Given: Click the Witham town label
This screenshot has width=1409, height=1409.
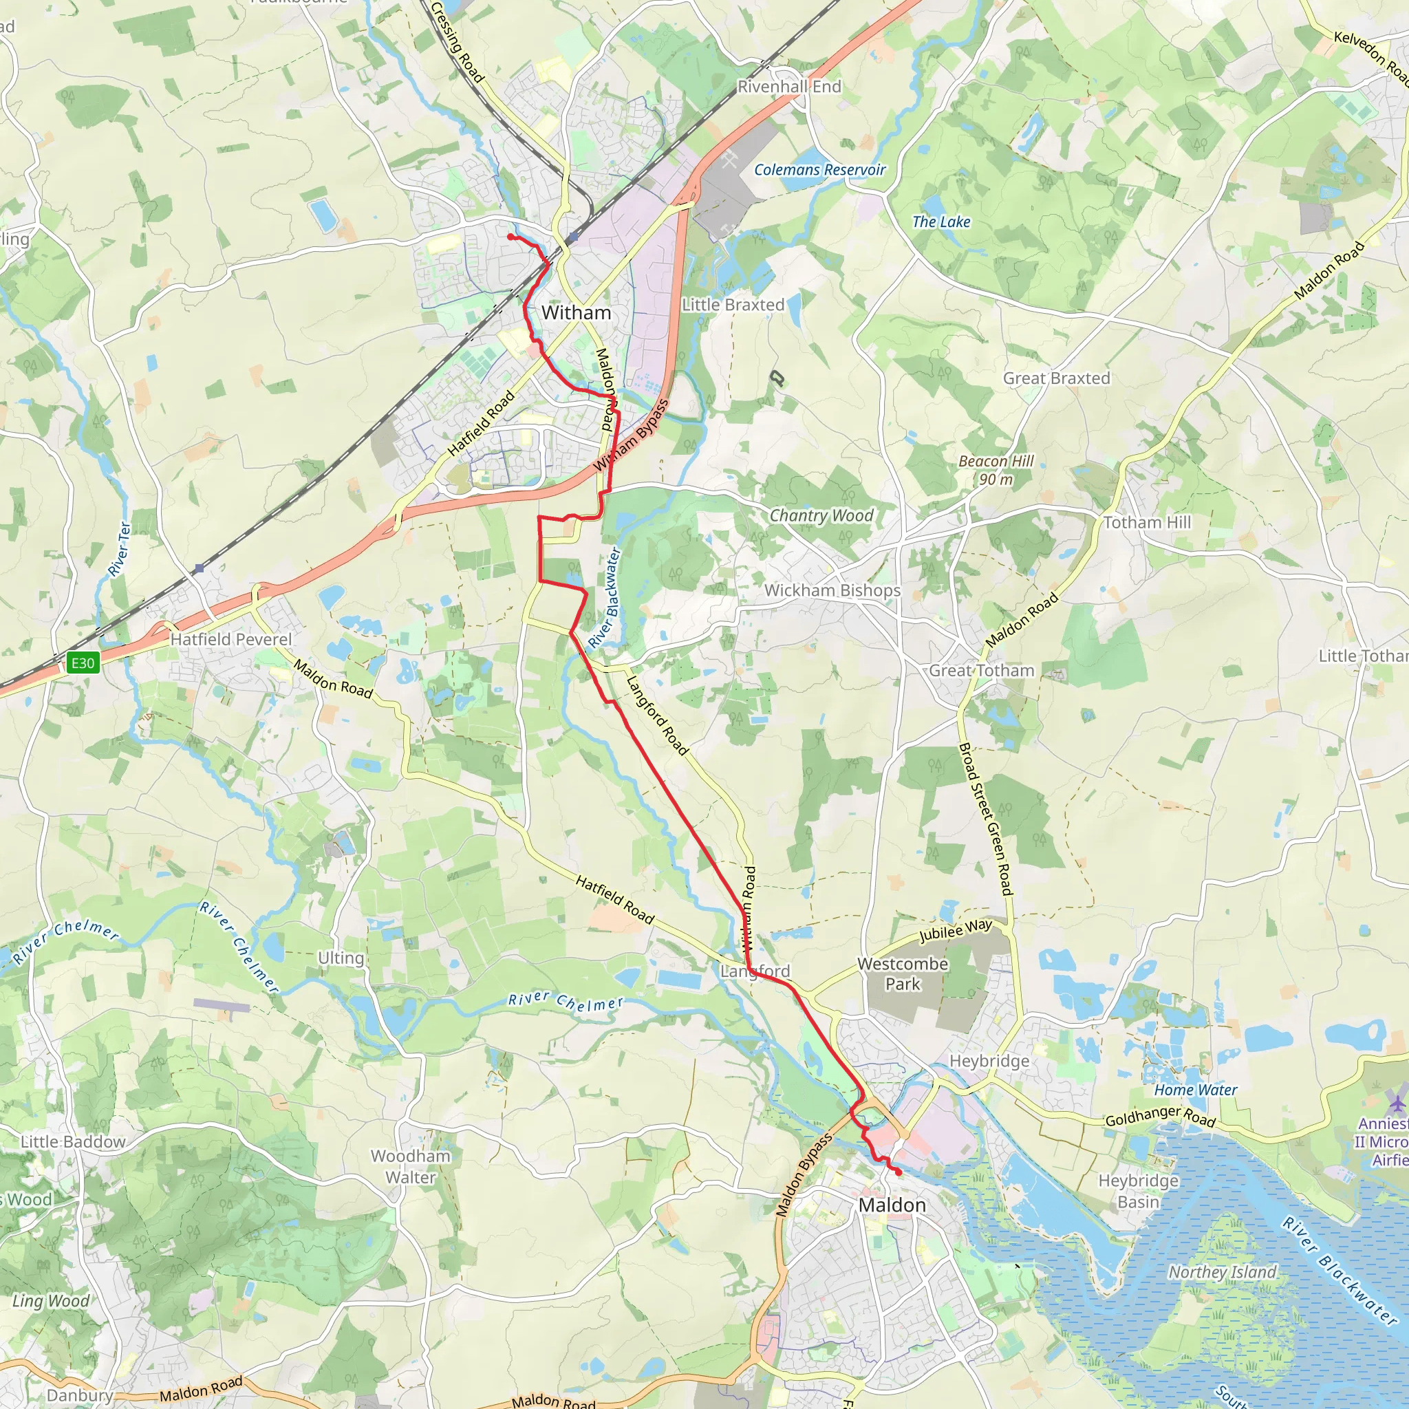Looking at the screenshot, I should pos(576,313).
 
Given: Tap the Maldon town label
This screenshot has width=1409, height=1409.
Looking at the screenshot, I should pos(892,1205).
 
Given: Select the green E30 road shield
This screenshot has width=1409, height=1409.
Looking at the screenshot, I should pos(83,663).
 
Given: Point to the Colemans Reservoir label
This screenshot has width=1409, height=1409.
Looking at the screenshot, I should pos(819,170).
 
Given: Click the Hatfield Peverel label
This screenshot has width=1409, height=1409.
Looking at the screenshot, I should pos(230,640).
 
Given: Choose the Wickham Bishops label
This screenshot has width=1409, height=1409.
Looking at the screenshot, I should pos(832,591).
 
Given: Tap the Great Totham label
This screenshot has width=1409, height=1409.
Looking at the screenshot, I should pos(981,670).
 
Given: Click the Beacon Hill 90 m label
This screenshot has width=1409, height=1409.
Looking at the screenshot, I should pos(996,471).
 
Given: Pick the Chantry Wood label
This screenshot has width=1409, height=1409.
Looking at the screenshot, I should pos(821,515).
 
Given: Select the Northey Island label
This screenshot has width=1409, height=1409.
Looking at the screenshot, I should pos(1223,1272).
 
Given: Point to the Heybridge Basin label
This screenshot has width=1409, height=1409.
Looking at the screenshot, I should pos(1138,1191).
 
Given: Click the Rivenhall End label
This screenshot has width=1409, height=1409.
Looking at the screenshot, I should pos(789,87).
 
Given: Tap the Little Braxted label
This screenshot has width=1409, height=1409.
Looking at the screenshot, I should pos(733,305).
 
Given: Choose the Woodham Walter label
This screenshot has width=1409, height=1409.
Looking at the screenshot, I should pos(411,1166).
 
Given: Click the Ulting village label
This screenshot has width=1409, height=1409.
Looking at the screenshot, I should pos(341,958).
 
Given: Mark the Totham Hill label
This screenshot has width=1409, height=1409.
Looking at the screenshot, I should pos(1146,522).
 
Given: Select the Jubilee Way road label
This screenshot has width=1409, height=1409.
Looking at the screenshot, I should pos(956,931).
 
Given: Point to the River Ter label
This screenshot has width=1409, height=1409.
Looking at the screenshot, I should pos(120,548).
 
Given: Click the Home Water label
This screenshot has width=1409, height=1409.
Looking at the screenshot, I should pos(1195,1090).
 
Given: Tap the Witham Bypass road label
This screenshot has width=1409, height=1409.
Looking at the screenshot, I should pos(631,435).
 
